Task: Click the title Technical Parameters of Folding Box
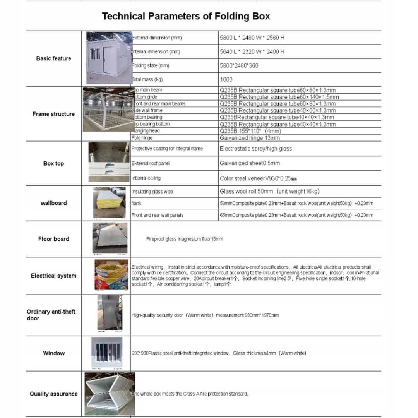186,16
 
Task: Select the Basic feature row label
54,58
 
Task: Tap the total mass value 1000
226,79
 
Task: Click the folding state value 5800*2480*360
239,65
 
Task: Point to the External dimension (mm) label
157,38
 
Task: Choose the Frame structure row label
54,114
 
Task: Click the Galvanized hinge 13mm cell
250,138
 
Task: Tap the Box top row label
54,163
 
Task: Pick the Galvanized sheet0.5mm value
250,163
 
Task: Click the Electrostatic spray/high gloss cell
256,149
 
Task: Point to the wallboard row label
54,203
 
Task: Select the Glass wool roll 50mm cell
269,192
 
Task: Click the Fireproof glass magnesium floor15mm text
185,239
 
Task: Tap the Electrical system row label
54,276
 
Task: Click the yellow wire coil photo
111,275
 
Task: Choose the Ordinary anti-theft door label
51,315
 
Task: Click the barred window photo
107,352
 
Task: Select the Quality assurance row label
54,394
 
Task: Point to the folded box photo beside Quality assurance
110,394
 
